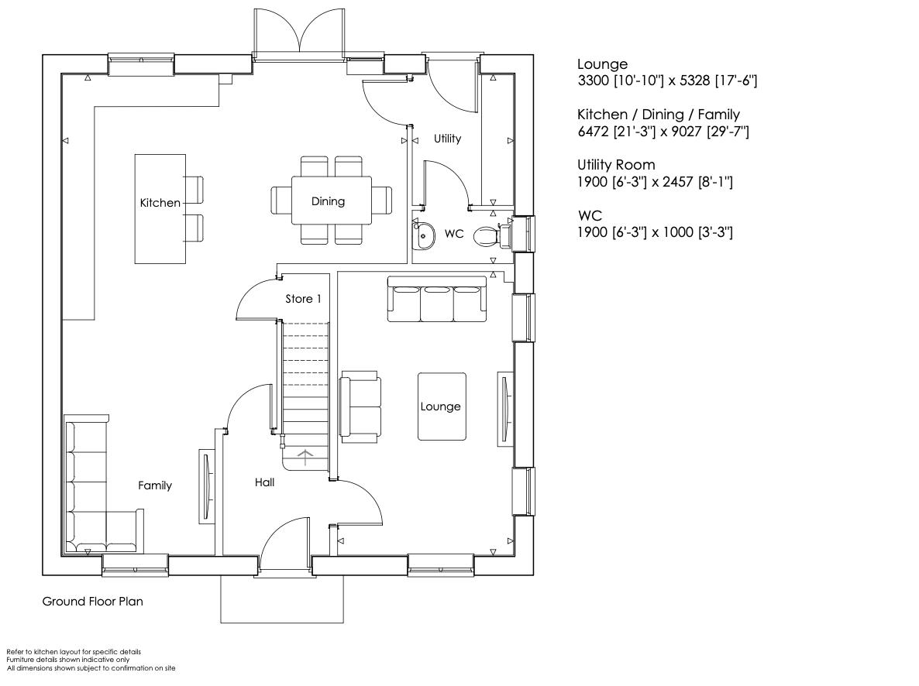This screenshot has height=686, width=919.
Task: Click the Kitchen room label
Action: (160, 203)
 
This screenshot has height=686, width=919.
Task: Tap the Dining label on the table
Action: (328, 201)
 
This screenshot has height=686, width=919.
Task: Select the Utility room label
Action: (447, 139)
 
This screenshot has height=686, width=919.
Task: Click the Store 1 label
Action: (303, 299)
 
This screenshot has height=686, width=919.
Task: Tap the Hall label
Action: (264, 482)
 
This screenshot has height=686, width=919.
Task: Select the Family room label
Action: (155, 485)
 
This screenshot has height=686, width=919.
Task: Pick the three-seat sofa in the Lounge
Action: (438, 300)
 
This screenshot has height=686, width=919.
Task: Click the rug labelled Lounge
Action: (441, 406)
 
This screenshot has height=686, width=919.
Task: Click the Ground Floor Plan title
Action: (92, 601)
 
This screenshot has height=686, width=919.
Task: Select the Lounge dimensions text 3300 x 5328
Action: (666, 81)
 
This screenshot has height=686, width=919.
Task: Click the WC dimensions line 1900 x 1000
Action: (655, 232)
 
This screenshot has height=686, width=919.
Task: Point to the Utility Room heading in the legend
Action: (616, 165)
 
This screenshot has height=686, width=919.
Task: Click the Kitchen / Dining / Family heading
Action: (658, 115)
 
